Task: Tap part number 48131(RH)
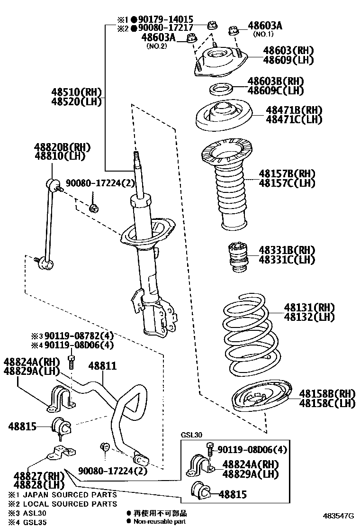point(309,307)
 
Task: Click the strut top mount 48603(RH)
point(221,63)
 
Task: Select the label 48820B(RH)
point(62,147)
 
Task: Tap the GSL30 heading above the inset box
point(191,435)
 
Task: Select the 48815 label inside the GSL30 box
point(233,494)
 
